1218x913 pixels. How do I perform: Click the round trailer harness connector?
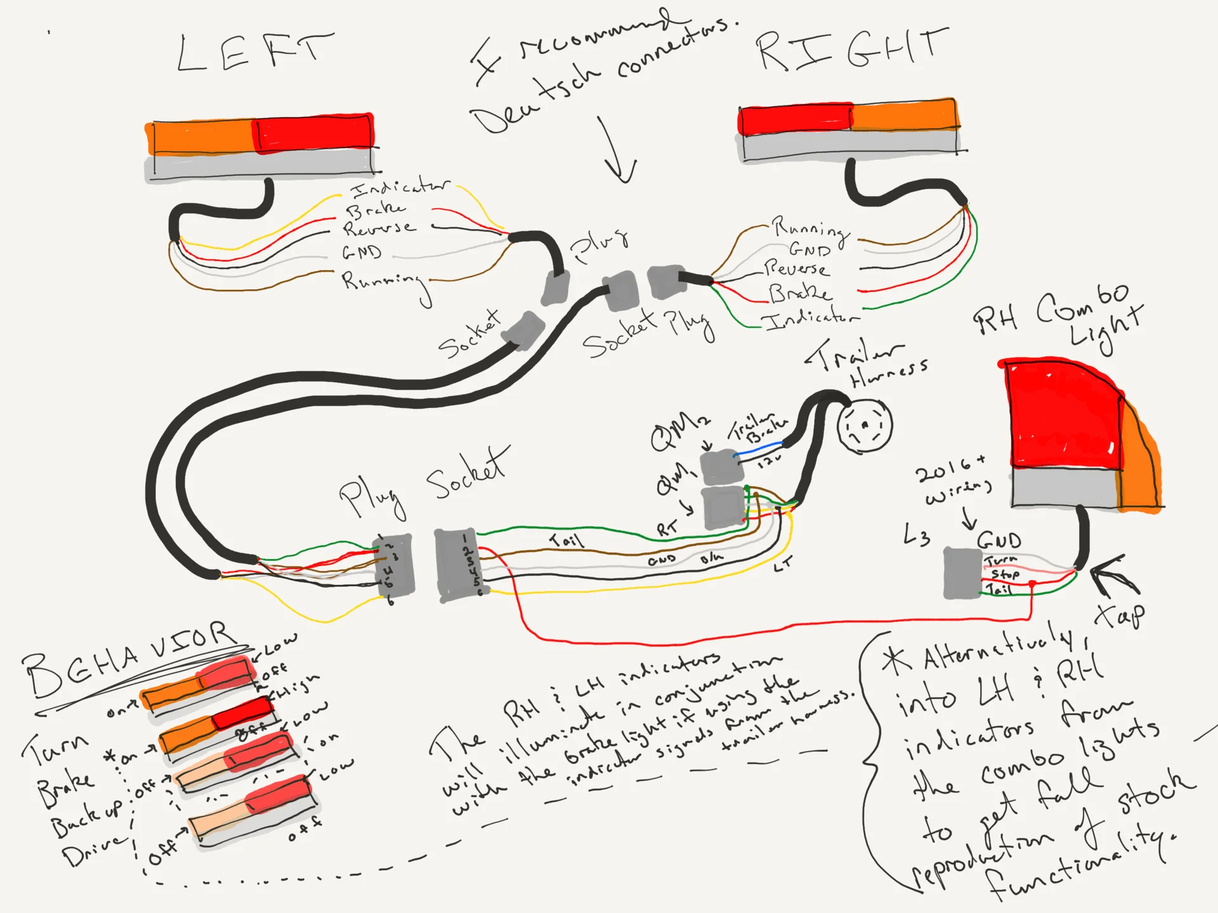[864, 426]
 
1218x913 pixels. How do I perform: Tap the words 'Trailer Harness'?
[869, 365]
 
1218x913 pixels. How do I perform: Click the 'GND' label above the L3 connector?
[999, 541]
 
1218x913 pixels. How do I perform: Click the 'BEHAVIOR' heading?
[127, 660]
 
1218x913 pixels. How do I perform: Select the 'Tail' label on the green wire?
[566, 540]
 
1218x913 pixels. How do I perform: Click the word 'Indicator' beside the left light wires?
[400, 187]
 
